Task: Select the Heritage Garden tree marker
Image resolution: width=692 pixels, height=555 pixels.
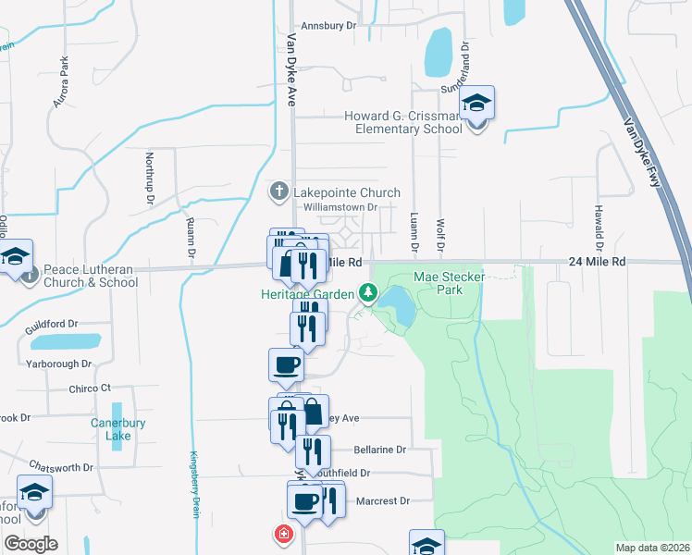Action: (x=369, y=294)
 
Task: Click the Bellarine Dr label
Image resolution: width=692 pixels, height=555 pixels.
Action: (x=380, y=450)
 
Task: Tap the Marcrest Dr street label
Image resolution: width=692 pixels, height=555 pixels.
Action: (x=382, y=501)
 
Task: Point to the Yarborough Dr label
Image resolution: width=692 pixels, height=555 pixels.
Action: (x=61, y=364)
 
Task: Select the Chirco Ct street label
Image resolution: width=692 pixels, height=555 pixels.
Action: (x=90, y=388)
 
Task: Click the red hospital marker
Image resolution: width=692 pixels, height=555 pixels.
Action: (x=282, y=535)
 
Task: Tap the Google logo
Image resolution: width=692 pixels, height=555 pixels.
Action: (x=31, y=544)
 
